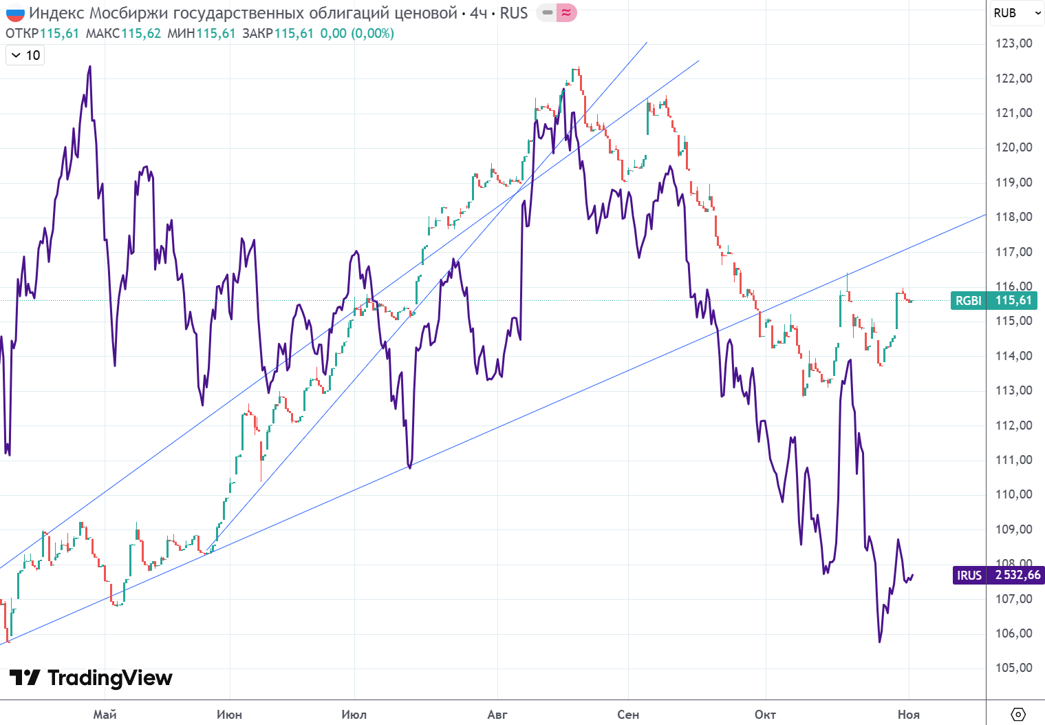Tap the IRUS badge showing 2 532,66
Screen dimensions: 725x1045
point(998,575)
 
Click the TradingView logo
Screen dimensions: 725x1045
point(91,678)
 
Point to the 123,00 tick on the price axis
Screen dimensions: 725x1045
point(1014,43)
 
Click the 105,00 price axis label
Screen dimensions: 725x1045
point(1014,668)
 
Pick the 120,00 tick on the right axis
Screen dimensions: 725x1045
point(1014,147)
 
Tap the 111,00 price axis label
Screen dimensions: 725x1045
point(1014,460)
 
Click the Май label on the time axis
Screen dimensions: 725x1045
point(105,715)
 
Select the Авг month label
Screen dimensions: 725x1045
point(497,715)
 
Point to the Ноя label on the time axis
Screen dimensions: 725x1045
point(908,715)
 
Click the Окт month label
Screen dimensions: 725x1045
point(765,715)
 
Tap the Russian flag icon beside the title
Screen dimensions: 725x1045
point(14,13)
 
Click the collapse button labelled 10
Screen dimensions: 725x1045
point(25,55)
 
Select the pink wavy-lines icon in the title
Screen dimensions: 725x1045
point(566,13)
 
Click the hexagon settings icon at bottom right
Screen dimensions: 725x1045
point(1018,714)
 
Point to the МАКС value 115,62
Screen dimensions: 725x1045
point(141,33)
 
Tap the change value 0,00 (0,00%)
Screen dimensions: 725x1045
point(357,33)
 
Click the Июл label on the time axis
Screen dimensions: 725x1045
point(354,715)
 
